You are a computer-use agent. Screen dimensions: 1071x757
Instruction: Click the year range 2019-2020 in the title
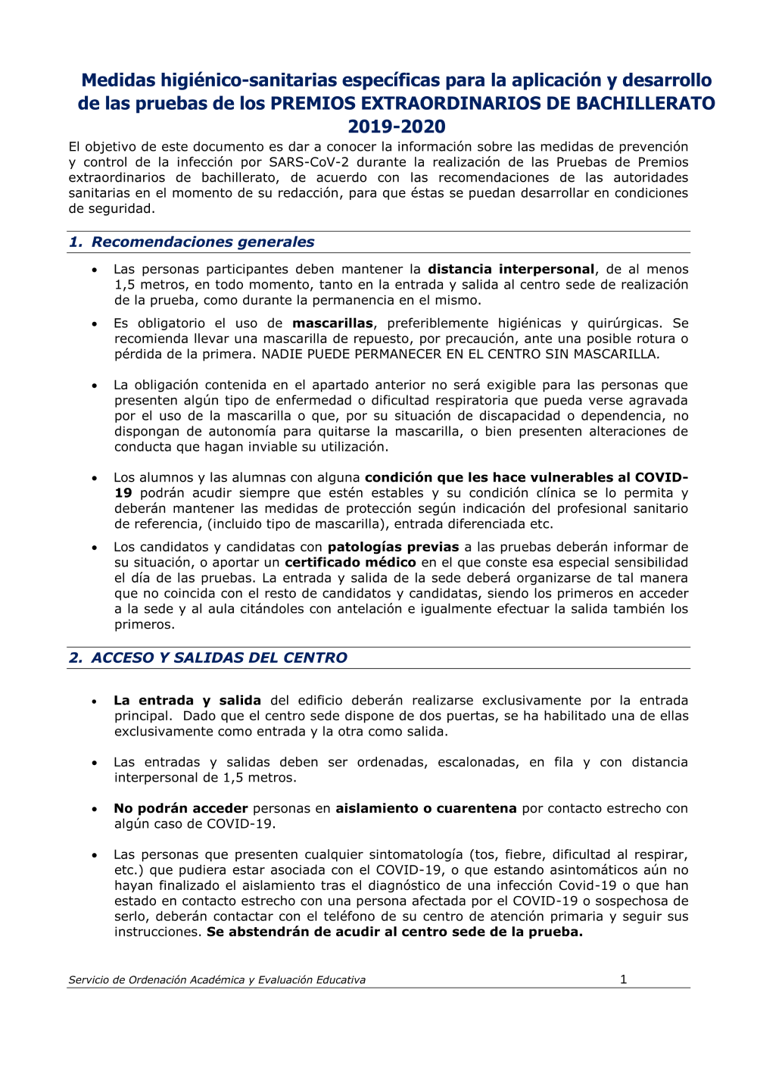coord(396,126)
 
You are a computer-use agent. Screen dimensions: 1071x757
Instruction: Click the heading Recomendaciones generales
coord(202,242)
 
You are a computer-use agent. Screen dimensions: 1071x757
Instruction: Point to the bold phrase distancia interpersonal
coord(510,269)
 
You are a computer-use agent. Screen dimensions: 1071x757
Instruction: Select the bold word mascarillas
coord(332,323)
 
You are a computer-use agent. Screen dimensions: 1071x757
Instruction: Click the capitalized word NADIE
coord(282,354)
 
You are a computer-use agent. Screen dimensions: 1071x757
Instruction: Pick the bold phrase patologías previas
coord(393,547)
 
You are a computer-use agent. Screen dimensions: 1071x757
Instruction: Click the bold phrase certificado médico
coord(350,562)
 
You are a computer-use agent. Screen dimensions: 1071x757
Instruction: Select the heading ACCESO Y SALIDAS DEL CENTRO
coord(219,657)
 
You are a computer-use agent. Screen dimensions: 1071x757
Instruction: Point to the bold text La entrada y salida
coord(187,701)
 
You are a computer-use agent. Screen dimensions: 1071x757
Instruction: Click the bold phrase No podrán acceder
coord(180,808)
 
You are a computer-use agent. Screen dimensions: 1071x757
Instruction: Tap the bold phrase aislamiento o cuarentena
coord(426,808)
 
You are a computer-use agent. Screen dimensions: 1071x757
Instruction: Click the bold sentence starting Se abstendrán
coord(394,932)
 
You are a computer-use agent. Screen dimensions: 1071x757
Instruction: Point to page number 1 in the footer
coord(623,979)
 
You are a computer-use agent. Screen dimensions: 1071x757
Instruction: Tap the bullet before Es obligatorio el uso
coord(95,324)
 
